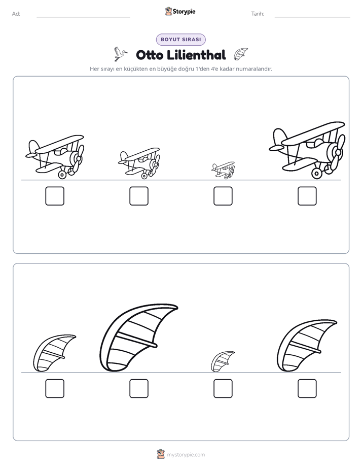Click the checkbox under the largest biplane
[x=307, y=196]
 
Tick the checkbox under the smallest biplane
[x=223, y=196]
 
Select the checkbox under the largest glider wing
[x=139, y=388]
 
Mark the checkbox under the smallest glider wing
[x=223, y=388]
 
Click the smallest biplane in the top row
[x=224, y=170]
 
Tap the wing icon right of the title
[x=240, y=54]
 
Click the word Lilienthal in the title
[x=196, y=55]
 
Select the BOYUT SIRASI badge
[x=180, y=40]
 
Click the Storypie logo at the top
[x=180, y=11]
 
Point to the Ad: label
[x=16, y=14]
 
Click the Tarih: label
[x=258, y=14]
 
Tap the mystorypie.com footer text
[x=186, y=455]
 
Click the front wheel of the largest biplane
[x=316, y=173]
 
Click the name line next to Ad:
[x=83, y=17]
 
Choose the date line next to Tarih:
[x=312, y=17]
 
